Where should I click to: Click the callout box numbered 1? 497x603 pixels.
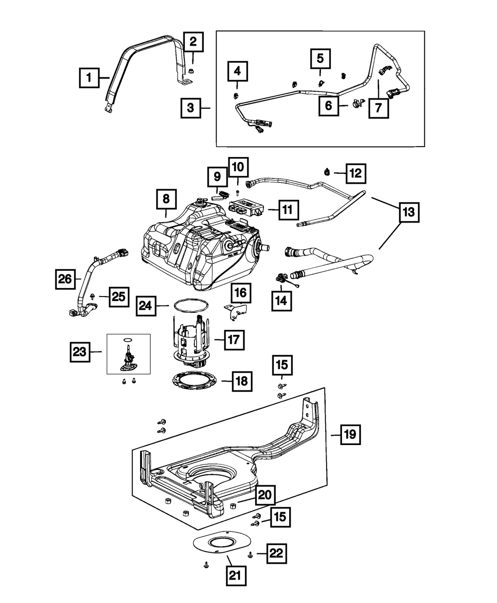pos(89,77)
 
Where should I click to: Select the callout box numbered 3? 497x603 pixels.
pos(191,108)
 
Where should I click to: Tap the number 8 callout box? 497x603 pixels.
pos(166,199)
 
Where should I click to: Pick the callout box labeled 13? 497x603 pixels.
pos(409,212)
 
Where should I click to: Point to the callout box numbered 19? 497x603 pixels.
pos(350,443)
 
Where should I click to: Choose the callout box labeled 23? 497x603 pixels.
pos(80,352)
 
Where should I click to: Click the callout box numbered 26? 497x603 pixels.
pos(65,279)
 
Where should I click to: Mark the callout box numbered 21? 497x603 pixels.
pos(236,576)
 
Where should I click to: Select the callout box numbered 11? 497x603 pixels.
pos(289,210)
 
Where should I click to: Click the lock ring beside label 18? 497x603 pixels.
pos(194,381)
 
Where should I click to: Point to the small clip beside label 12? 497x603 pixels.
pos(327,172)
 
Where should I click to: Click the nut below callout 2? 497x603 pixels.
pos(190,72)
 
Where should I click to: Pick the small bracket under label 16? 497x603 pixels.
pos(236,311)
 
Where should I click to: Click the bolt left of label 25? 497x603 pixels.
pos(93,296)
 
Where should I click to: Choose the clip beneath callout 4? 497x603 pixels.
pos(236,95)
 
